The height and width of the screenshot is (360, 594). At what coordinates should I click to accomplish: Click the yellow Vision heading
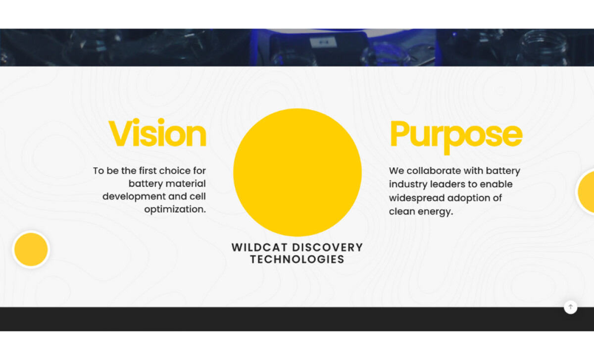pyautogui.click(x=157, y=134)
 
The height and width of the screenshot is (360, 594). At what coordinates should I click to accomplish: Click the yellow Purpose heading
pyautogui.click(x=456, y=135)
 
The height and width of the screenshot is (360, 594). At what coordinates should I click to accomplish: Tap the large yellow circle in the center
pyautogui.click(x=297, y=172)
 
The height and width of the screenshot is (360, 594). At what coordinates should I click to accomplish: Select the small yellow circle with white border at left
pyautogui.click(x=31, y=250)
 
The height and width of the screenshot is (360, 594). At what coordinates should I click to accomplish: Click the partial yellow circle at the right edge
pyautogui.click(x=587, y=192)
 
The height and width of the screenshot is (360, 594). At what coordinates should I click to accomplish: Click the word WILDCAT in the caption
pyautogui.click(x=259, y=247)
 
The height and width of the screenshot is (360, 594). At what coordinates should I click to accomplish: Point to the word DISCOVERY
pyautogui.click(x=327, y=247)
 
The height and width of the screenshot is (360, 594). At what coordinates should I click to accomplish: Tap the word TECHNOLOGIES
pyautogui.click(x=297, y=259)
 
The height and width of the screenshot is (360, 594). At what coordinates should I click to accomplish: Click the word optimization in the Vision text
pyautogui.click(x=174, y=209)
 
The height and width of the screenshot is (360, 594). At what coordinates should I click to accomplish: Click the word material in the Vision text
pyautogui.click(x=187, y=184)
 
